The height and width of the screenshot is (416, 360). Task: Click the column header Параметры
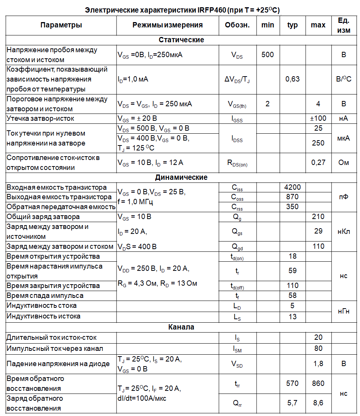(x=61, y=25)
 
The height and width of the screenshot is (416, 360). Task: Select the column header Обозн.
(x=237, y=25)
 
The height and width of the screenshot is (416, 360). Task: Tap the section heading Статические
(x=181, y=40)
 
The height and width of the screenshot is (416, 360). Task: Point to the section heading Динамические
(x=181, y=178)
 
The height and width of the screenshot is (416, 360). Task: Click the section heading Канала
(x=181, y=327)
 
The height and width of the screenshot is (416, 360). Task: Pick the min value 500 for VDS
(x=268, y=54)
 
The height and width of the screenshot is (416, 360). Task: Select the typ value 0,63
(x=292, y=79)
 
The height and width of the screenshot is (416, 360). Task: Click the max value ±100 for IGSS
(x=318, y=118)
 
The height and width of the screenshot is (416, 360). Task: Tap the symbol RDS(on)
(x=237, y=163)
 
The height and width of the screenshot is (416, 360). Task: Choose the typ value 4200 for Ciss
(x=292, y=187)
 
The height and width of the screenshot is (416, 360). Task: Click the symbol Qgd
(x=237, y=247)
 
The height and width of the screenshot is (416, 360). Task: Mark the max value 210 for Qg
(x=318, y=217)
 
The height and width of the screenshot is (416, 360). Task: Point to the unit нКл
(x=344, y=232)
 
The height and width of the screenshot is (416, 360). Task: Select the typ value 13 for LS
(x=292, y=317)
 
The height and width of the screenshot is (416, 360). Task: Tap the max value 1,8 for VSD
(x=318, y=364)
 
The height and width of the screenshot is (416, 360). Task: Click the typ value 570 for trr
(x=292, y=384)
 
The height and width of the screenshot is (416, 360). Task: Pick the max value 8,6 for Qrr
(x=318, y=403)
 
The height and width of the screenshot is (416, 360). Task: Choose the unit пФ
(x=344, y=197)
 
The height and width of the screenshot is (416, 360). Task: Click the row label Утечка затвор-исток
(x=40, y=118)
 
